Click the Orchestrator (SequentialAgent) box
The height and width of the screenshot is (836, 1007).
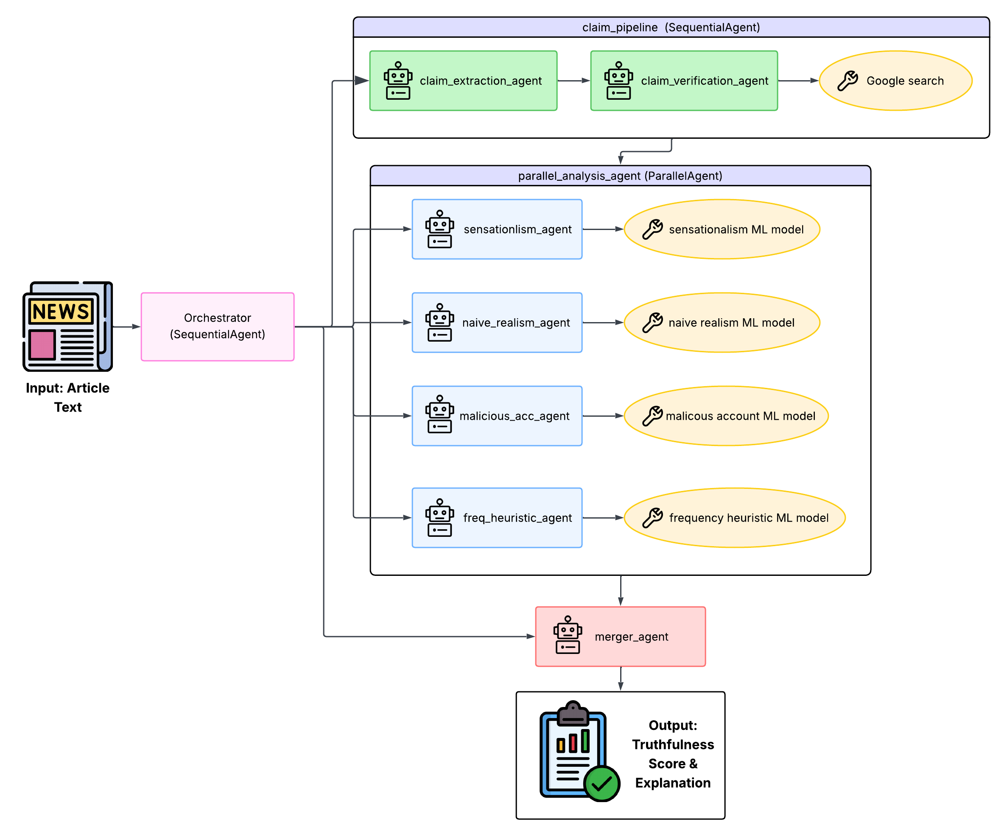point(217,327)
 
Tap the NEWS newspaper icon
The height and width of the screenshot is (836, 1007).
point(67,327)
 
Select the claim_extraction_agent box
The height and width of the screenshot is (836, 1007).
point(463,81)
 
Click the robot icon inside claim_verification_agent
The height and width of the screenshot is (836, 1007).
point(618,81)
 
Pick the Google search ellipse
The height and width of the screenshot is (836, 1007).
point(895,81)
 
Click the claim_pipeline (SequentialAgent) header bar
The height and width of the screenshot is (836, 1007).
point(671,27)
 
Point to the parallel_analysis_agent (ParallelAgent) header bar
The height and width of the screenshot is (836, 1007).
point(620,176)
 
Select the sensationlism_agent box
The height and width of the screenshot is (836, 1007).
point(497,229)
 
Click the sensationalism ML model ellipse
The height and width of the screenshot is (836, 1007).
point(722,229)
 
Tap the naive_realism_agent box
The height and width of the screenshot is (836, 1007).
point(497,323)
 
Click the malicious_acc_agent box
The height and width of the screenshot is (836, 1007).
point(497,416)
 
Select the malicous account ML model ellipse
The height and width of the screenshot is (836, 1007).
point(726,416)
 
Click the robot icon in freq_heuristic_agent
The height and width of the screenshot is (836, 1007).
point(439,518)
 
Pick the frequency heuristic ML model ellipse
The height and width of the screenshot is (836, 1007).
point(734,518)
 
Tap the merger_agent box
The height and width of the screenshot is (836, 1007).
point(620,637)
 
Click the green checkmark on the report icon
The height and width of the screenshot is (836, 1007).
point(601,784)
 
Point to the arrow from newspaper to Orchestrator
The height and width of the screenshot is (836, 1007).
point(126,327)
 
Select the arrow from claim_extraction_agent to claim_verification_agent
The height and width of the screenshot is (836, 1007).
point(573,81)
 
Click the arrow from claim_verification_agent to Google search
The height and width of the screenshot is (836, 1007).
point(798,81)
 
